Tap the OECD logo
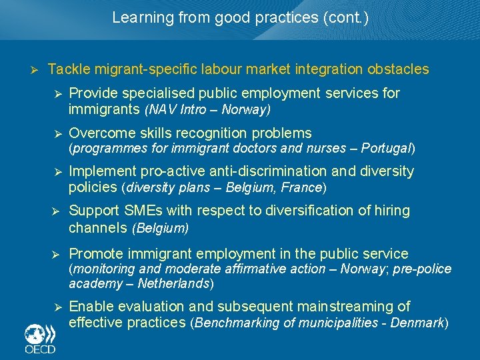tap(39, 339)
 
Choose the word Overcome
tap(98, 133)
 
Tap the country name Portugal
tap(389, 148)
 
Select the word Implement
tap(101, 171)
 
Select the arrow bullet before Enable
tap(58, 307)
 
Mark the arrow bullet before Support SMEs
tap(58, 211)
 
